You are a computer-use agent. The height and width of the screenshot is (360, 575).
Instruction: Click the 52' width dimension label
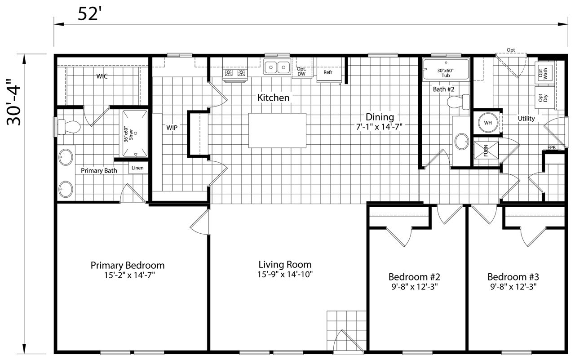click(88, 13)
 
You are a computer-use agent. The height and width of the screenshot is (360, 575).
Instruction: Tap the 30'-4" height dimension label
click(13, 102)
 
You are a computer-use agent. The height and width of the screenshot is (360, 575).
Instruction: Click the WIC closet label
click(102, 76)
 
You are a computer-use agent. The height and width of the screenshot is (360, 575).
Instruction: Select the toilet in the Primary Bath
click(69, 127)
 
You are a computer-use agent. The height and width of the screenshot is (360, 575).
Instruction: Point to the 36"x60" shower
click(135, 133)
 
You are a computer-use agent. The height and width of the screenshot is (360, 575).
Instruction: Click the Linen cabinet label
click(137, 168)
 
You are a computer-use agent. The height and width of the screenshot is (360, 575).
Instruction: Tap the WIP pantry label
click(172, 128)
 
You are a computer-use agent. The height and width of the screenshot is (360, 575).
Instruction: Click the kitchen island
click(277, 130)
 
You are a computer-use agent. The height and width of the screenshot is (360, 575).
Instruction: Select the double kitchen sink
click(277, 67)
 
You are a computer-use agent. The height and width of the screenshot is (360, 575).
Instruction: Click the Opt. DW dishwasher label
click(301, 71)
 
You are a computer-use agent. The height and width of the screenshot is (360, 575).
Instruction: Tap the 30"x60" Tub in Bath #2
click(446, 69)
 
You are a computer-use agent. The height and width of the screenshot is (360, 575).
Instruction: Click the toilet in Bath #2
click(459, 102)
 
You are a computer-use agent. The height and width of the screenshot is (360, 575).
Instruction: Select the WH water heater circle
click(488, 123)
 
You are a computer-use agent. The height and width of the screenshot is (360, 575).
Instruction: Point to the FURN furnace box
click(486, 150)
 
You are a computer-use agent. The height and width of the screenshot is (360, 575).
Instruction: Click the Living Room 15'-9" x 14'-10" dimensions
click(285, 275)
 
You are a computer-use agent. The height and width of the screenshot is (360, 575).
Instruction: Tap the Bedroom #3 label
click(513, 277)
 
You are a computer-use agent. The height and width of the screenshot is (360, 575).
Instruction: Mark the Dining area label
click(380, 117)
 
